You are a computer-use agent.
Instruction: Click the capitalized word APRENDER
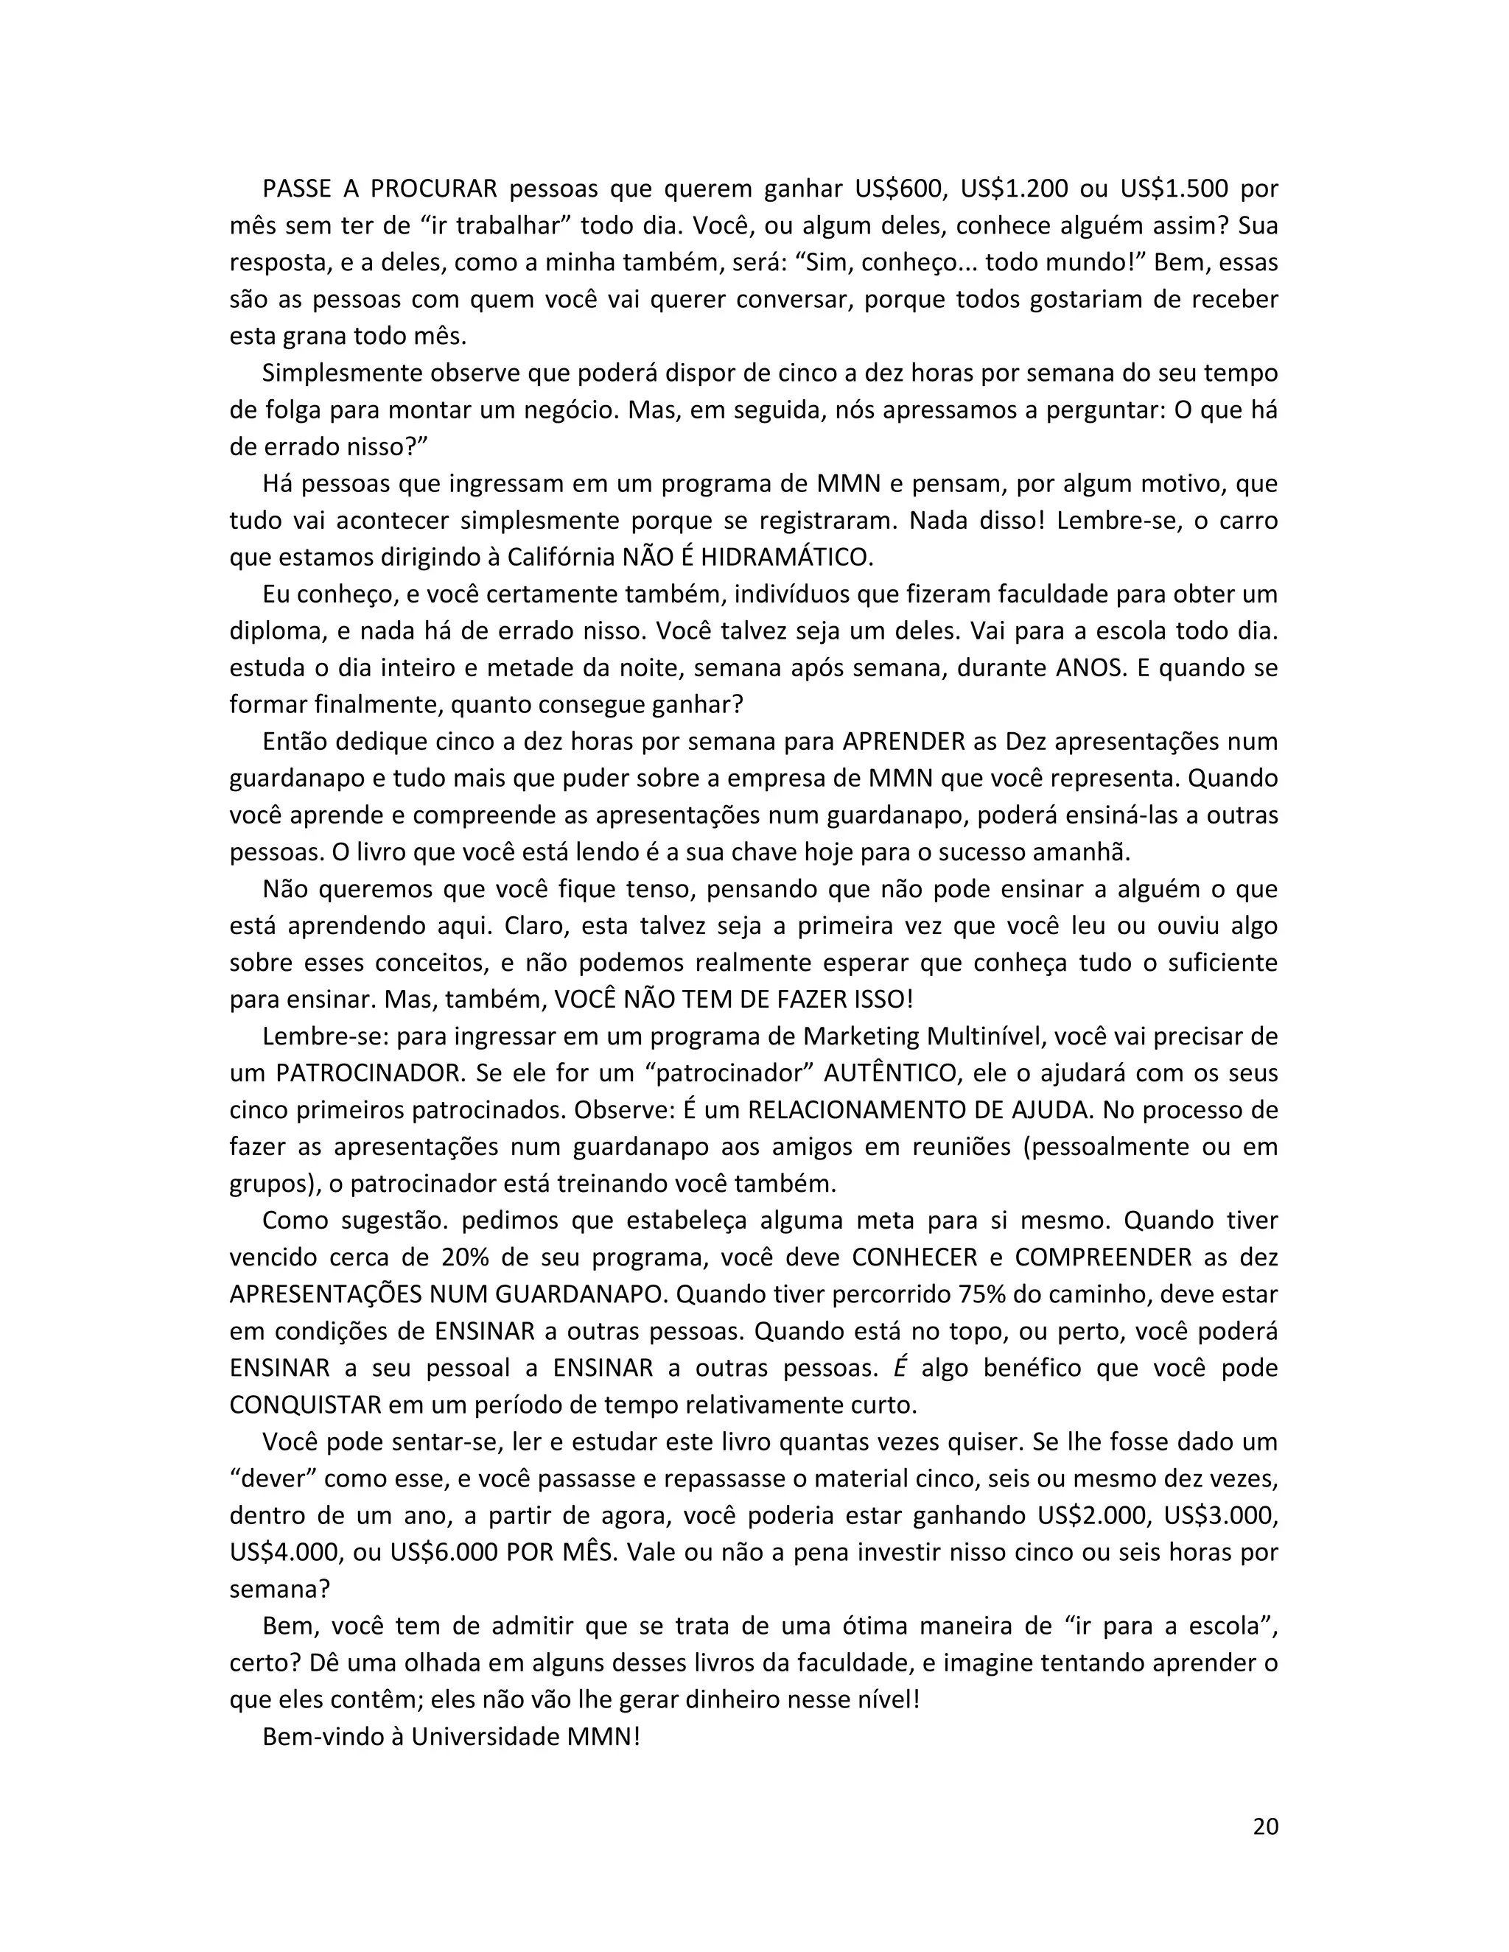pyautogui.click(x=904, y=742)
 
